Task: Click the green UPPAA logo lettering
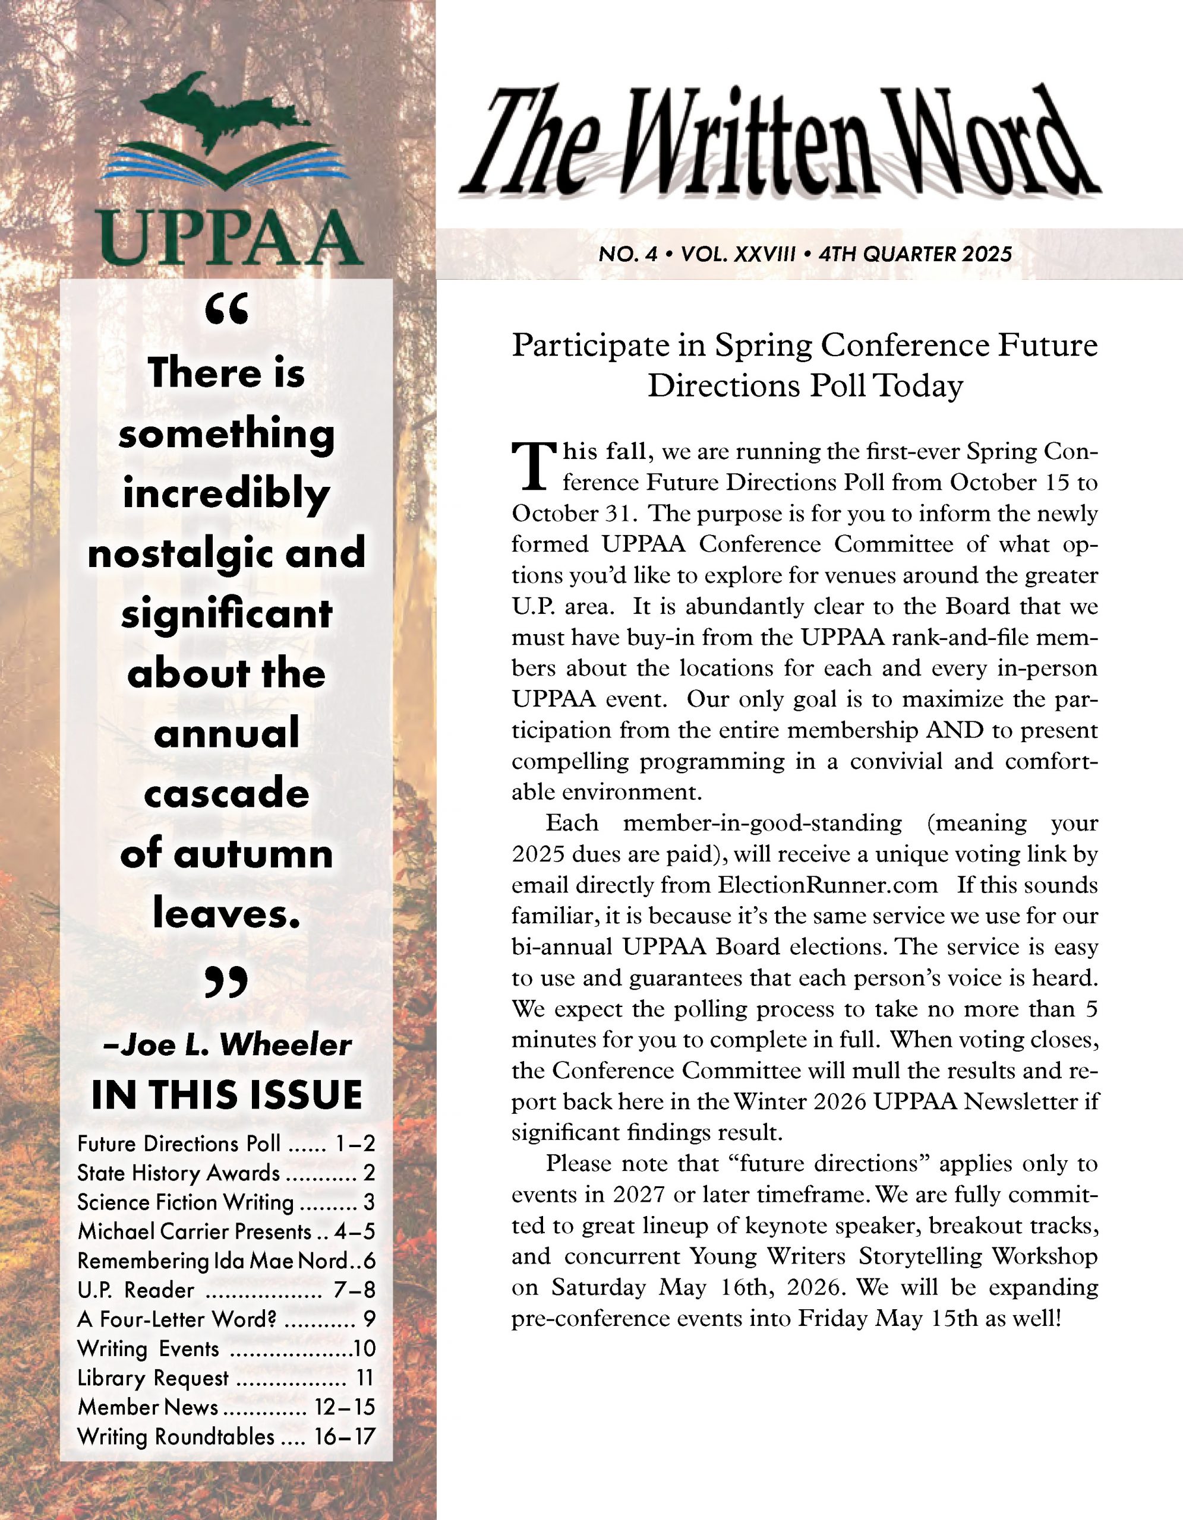[231, 239]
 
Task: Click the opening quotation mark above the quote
[227, 311]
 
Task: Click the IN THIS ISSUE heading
[227, 1095]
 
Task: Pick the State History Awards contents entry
[178, 1173]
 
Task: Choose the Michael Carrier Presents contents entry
[194, 1232]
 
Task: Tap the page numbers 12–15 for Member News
[345, 1407]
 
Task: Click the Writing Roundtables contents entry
[175, 1436]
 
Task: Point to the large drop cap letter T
[535, 466]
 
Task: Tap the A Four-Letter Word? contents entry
[178, 1319]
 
